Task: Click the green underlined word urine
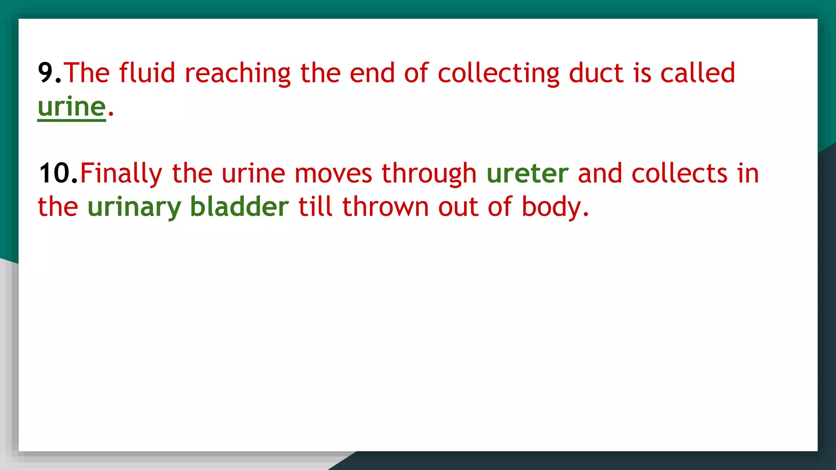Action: click(x=72, y=108)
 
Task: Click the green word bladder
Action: click(x=240, y=207)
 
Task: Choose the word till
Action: click(x=316, y=207)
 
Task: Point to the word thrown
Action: click(x=385, y=207)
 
